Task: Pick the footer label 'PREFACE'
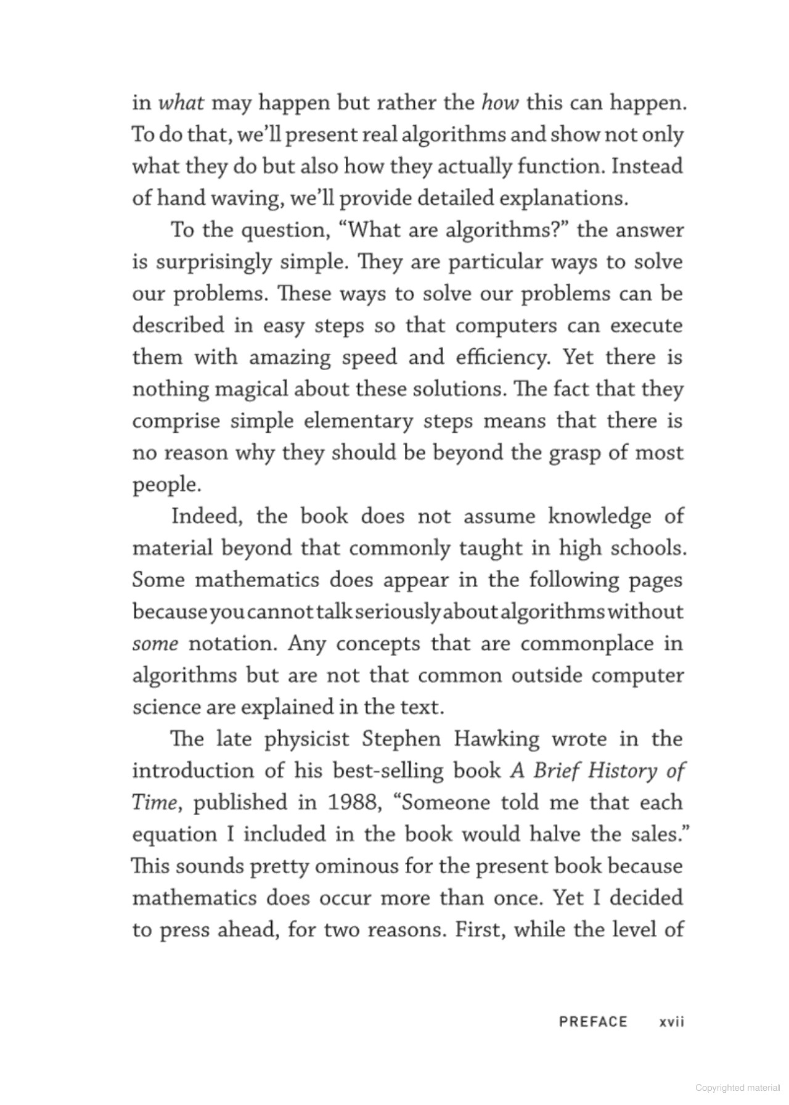[x=592, y=1022]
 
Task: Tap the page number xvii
[x=672, y=1022]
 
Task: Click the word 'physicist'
[x=306, y=739]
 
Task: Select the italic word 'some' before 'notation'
[x=155, y=644]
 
